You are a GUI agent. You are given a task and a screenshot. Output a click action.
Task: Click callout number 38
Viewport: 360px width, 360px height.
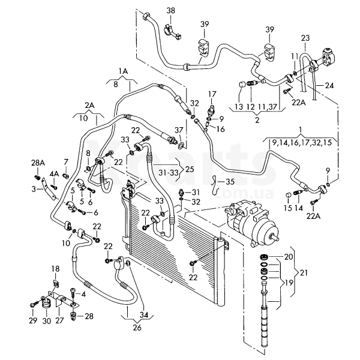coord(170,11)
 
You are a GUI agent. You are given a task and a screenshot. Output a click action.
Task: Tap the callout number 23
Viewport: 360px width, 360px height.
coord(305,38)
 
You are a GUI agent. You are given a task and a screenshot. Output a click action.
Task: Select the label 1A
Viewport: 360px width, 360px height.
coord(123,71)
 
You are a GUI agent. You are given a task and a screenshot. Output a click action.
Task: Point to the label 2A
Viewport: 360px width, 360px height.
coord(89,106)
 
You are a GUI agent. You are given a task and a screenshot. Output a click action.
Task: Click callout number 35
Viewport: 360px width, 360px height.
coord(230,182)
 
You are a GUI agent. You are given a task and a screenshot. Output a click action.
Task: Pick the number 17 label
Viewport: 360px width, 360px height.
coord(212,94)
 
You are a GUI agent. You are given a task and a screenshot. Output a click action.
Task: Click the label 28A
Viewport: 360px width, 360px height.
coord(38,163)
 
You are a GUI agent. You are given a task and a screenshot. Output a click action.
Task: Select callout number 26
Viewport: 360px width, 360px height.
coord(137,328)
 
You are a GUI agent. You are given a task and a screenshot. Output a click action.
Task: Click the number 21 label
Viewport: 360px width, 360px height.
coord(303,273)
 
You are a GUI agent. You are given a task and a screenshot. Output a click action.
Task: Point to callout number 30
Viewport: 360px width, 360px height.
coord(46,321)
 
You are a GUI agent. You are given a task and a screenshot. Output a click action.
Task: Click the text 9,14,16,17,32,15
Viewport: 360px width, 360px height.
coord(302,143)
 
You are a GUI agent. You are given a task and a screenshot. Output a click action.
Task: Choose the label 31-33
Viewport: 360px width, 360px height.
coord(169,172)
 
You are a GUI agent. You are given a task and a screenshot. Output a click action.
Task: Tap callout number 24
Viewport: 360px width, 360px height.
coord(329,85)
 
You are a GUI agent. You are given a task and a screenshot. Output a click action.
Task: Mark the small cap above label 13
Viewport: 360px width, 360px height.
coord(241,84)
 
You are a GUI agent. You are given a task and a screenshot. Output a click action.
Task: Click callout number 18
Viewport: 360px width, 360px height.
coord(55,269)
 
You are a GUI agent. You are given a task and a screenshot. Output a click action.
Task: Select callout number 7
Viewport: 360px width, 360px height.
coord(66,162)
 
